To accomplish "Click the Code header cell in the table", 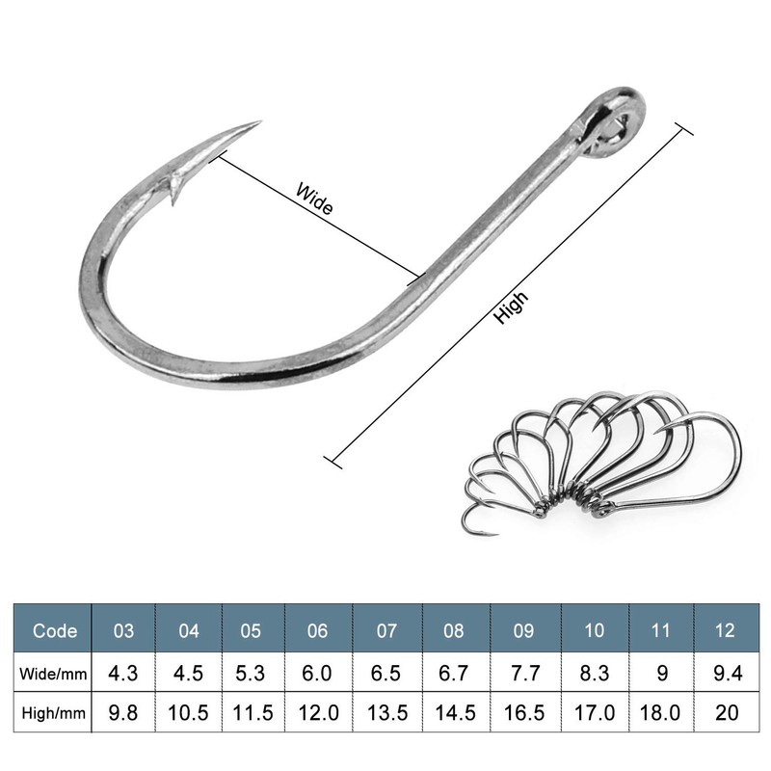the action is point(55,631).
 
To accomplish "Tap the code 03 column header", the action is point(124,631).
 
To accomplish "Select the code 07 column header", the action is point(386,631).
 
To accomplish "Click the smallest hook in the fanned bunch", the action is point(479,521).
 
